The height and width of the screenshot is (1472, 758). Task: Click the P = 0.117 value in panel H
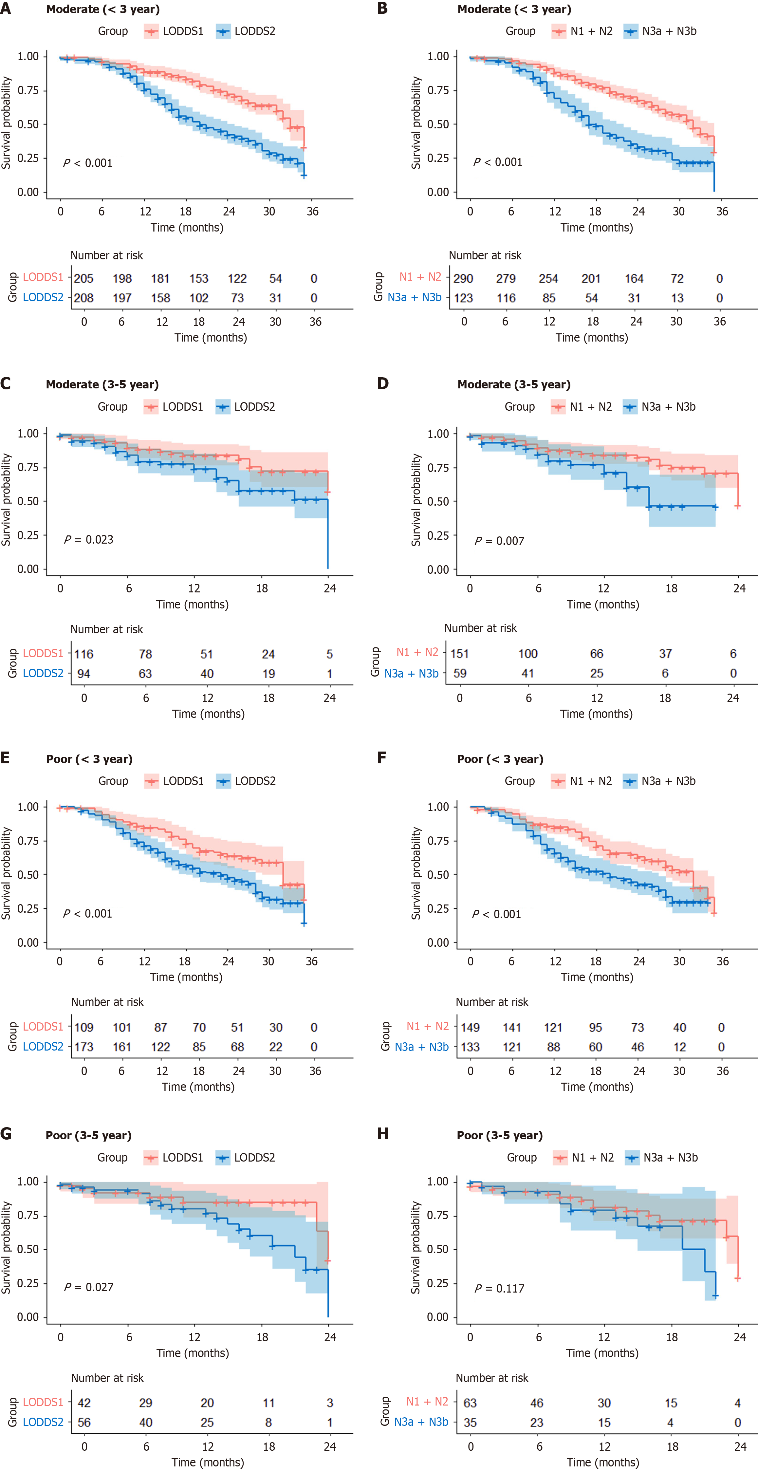tap(499, 1289)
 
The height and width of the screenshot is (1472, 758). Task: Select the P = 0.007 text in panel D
tap(499, 541)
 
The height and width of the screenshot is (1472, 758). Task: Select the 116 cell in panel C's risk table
tap(83, 654)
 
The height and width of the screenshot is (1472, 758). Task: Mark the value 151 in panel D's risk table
tap(460, 653)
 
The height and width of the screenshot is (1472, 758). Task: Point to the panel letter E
tap(5, 758)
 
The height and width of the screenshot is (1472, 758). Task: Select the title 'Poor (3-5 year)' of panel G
tap(88, 1135)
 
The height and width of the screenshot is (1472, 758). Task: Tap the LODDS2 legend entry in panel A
tap(247, 31)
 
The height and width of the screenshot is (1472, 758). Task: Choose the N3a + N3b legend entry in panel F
tap(660, 781)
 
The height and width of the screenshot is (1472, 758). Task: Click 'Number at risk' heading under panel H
tap(492, 1378)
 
